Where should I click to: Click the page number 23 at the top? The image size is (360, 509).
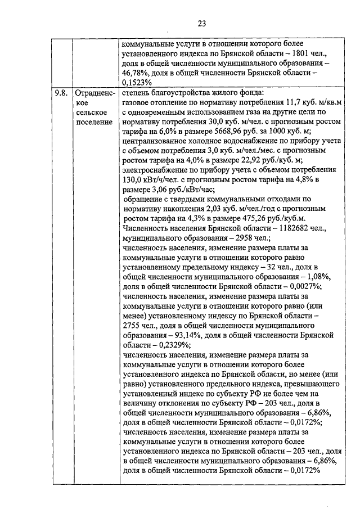coord(202,23)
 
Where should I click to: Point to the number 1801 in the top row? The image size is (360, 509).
coord(295,53)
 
